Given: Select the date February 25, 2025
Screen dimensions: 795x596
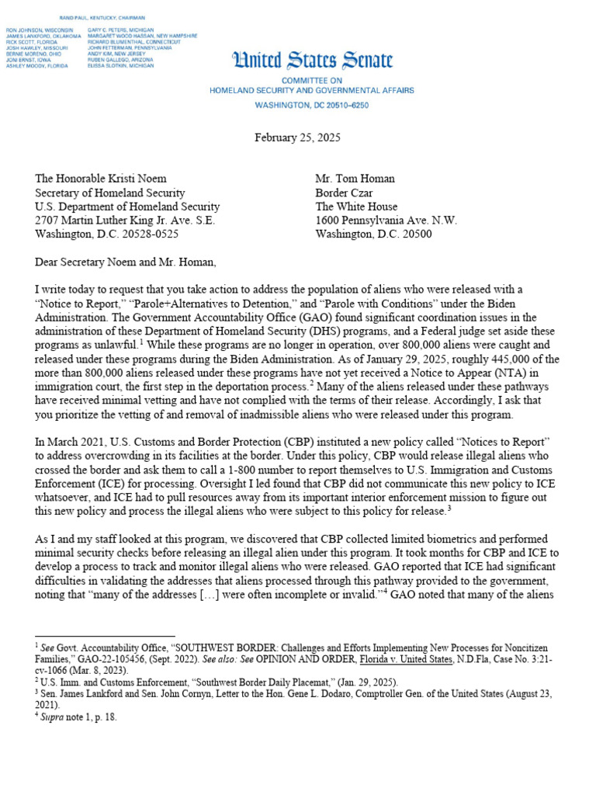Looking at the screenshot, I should point(297,137).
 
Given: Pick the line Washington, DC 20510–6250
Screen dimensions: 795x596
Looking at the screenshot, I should point(312,104).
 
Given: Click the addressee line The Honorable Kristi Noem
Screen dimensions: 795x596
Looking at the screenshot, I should point(101,179).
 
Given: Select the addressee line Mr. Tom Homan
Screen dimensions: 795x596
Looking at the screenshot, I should point(355,179).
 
